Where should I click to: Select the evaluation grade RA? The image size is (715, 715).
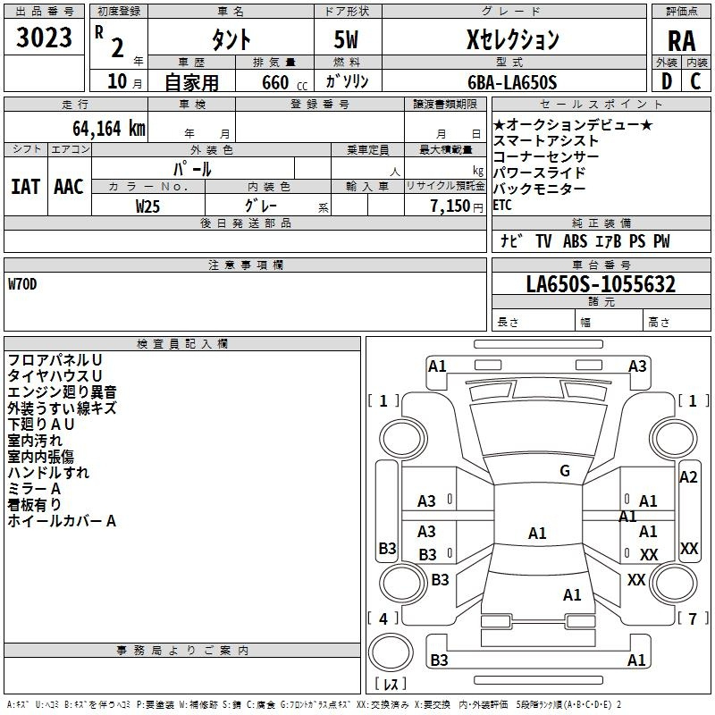[x=681, y=40]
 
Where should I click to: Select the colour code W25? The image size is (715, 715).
[x=147, y=206]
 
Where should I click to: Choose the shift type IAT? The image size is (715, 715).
[x=25, y=187]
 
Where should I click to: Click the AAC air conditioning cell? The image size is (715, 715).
[x=68, y=187]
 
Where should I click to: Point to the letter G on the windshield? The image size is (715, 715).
[x=564, y=471]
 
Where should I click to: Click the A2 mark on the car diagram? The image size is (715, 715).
[x=687, y=477]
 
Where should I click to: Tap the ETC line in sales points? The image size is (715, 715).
[x=503, y=205]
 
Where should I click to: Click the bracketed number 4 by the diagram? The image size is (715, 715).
[x=383, y=618]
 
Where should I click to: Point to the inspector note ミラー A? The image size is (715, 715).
[x=34, y=489]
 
